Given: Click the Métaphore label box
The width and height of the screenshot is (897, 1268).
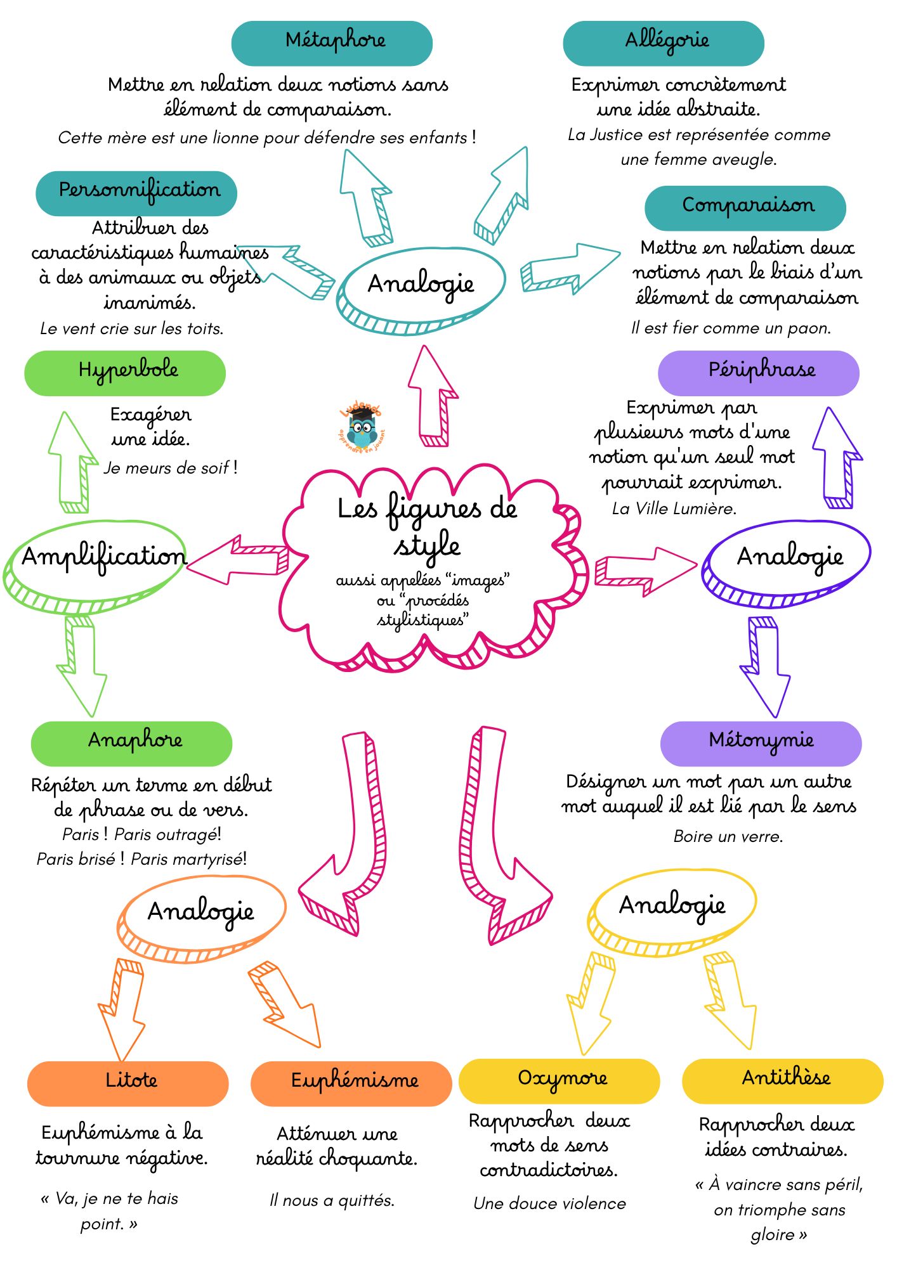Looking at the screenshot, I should coord(332,43).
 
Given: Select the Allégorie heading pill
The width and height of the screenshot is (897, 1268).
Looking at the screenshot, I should coord(663,43).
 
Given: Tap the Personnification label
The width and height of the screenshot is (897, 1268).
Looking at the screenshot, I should coord(136,193).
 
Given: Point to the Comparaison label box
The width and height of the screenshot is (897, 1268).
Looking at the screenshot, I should coord(745,208).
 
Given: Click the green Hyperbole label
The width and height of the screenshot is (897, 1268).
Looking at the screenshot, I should coord(125,373).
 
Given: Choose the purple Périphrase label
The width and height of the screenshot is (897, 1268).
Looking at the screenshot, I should coord(759,373).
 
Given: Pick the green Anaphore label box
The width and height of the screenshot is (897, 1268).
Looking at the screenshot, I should coord(131,743).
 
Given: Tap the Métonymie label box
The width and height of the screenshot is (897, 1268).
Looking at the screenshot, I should coord(761,743).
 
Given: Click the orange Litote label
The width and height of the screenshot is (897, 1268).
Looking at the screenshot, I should coord(128,1083).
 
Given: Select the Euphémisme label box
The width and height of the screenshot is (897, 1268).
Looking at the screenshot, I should coord(351,1083).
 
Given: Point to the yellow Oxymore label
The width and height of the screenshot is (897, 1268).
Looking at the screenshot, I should coord(559,1080).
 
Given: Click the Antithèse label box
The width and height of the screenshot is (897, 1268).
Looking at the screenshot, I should coord(783,1080).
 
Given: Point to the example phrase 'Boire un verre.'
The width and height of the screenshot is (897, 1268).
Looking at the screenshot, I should coord(728,836).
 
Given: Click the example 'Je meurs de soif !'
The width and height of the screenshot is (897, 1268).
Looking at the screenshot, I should coord(171,468).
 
